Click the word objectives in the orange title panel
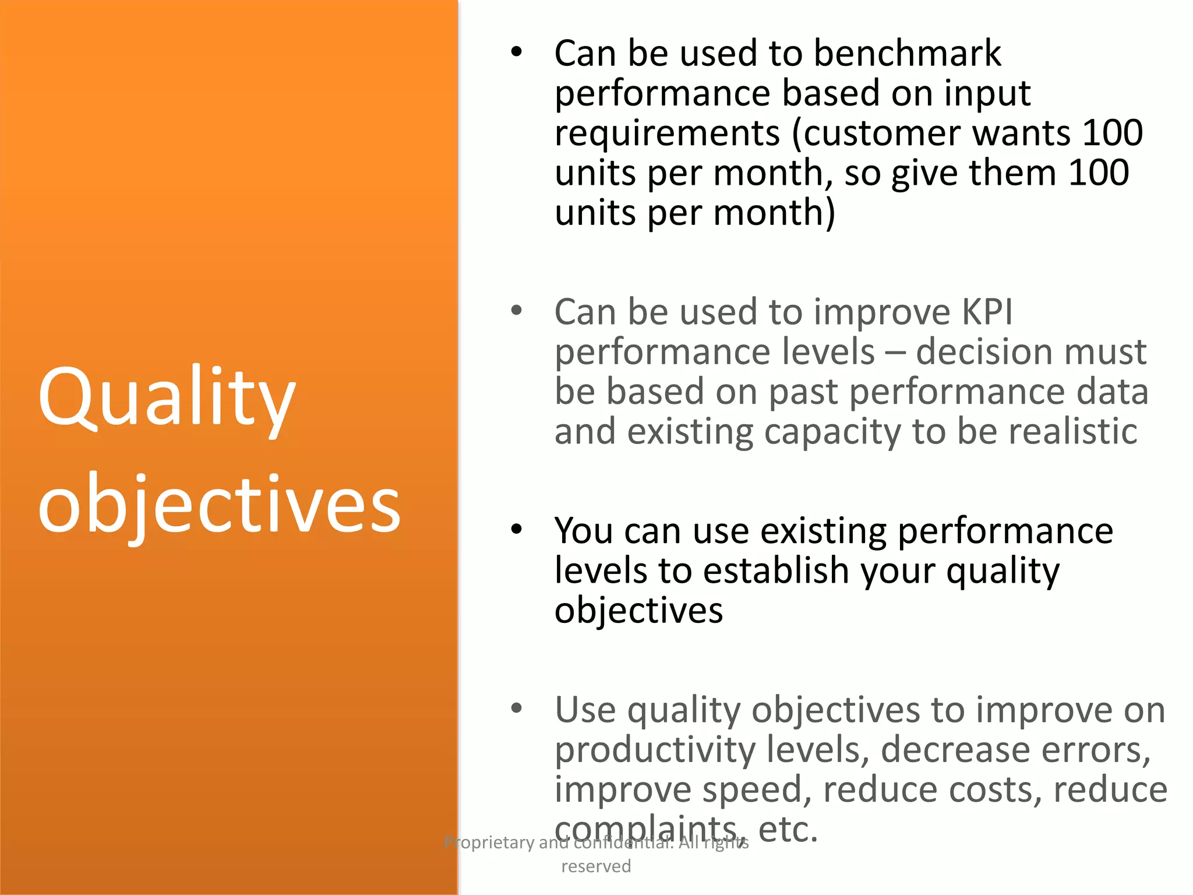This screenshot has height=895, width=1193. (219, 505)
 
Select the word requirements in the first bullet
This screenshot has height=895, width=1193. (666, 134)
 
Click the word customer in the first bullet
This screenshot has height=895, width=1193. (881, 134)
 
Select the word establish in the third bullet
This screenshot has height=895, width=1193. (776, 571)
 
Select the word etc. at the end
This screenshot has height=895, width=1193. (788, 830)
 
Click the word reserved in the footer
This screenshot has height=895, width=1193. (596, 866)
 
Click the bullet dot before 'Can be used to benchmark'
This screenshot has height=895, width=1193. (516, 52)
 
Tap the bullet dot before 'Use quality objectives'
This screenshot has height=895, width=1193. (516, 709)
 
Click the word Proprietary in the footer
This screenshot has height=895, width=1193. (489, 843)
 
